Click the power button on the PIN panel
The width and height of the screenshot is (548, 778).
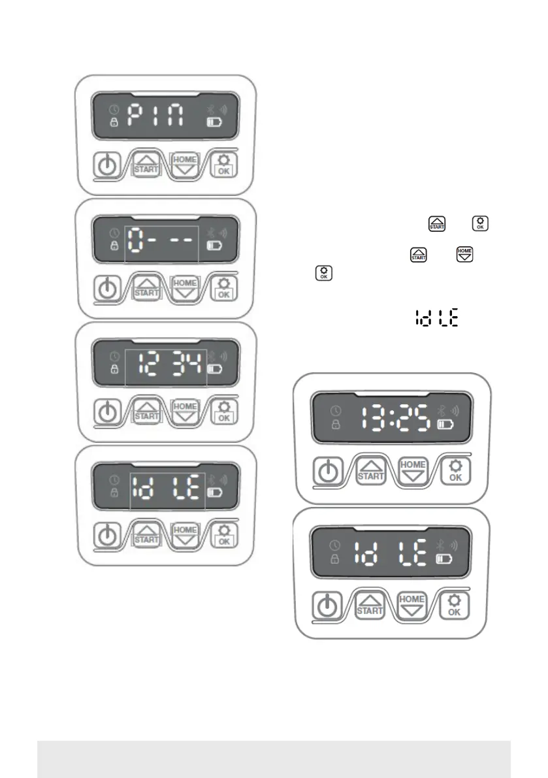pos(106,166)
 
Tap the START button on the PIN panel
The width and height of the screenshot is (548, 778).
pos(146,165)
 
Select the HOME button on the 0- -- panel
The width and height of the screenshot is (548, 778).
pos(184,287)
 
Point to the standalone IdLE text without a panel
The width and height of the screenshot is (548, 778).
pos(437,319)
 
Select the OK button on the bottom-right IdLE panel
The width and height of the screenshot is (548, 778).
pos(455,606)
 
